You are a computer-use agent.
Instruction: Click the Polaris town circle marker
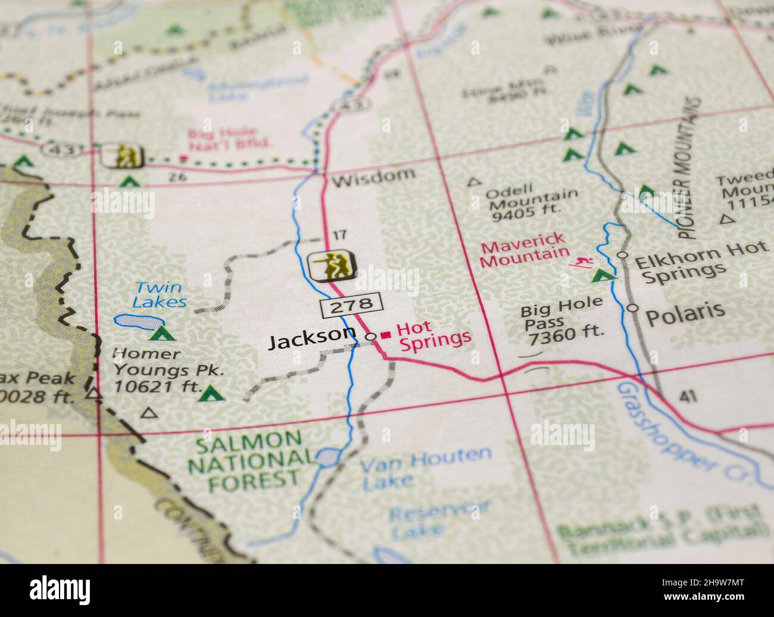point(632,308)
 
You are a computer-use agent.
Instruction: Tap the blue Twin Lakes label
point(159,294)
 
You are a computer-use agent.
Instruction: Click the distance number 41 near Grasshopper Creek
point(687,395)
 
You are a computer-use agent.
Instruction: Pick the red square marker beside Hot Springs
point(386,335)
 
